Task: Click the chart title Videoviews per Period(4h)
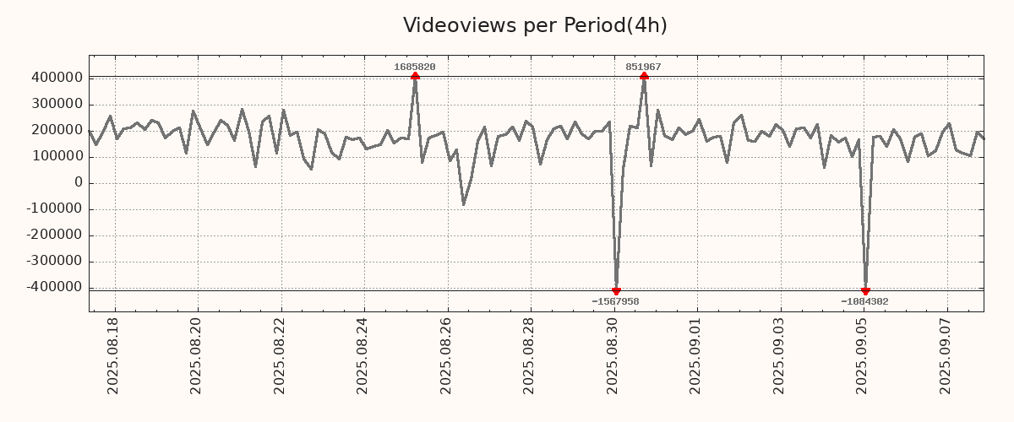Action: pos(535,25)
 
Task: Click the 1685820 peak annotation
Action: pos(415,67)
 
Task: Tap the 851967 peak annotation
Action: pos(643,67)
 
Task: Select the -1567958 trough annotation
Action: pos(615,301)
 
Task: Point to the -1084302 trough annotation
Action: pos(864,301)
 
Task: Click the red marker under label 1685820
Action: pos(415,77)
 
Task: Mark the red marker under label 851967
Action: pos(644,77)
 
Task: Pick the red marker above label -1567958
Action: pos(616,291)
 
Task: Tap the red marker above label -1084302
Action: pos(865,291)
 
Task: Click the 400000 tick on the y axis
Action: pos(57,78)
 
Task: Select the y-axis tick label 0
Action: pos(78,183)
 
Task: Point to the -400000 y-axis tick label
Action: pos(54,288)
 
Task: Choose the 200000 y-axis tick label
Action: pos(57,130)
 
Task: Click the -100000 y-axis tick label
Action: pos(54,209)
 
